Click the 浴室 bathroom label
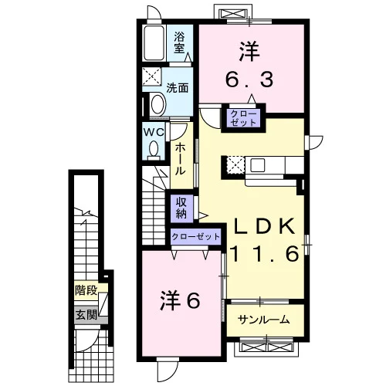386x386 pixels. point(179,42)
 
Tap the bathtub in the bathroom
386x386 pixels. point(154,43)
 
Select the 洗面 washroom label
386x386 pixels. point(178,88)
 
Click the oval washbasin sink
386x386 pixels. point(157,105)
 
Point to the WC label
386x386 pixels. point(154,132)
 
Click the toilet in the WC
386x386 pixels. point(154,151)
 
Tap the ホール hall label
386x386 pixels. point(180,160)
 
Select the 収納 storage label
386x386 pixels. point(181,208)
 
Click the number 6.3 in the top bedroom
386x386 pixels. point(249,79)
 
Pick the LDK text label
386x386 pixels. point(264,225)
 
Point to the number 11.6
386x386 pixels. point(266,252)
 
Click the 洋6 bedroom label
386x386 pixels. point(180,300)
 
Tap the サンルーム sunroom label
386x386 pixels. point(263,320)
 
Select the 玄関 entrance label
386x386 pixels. point(86,314)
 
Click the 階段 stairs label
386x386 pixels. point(86,290)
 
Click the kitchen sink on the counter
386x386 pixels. point(258,164)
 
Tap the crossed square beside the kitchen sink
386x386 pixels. point(235,164)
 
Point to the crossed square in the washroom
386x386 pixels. point(152,76)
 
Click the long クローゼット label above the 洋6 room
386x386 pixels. point(195,236)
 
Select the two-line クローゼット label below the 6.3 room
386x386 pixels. point(243,118)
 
